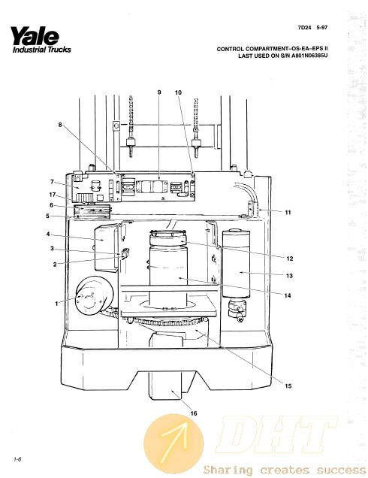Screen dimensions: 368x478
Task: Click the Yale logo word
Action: [35, 36]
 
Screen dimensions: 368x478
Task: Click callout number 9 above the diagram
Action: [159, 92]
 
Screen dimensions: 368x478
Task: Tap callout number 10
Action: [179, 92]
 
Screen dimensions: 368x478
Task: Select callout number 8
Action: [60, 125]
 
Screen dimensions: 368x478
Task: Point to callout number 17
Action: [53, 195]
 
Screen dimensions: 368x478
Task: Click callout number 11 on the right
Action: [288, 213]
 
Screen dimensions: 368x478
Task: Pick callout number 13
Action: [289, 276]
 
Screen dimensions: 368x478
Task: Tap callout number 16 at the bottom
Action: [194, 413]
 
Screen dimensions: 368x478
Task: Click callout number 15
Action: [288, 386]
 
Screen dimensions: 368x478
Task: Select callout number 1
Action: [56, 304]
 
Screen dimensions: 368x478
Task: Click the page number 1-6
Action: [17, 459]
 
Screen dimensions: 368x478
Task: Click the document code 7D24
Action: [305, 28]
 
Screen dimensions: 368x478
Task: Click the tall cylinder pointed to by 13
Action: [237, 264]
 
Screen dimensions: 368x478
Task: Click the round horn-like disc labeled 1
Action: [94, 295]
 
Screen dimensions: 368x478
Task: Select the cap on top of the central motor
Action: [168, 238]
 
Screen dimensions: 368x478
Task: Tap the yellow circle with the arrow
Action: [173, 443]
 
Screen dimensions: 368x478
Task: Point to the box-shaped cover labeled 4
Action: [106, 247]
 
